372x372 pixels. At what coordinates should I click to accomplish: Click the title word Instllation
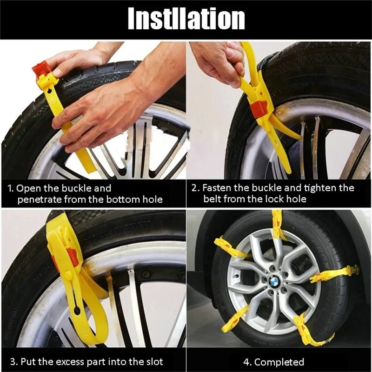(x=186, y=19)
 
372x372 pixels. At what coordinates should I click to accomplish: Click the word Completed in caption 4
(x=279, y=362)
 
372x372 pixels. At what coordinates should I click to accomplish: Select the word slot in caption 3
(x=153, y=362)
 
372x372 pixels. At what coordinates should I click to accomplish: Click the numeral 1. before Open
(x=11, y=188)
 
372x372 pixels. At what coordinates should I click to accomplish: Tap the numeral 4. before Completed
(x=247, y=362)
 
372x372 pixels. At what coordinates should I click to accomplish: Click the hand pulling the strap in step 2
(x=218, y=62)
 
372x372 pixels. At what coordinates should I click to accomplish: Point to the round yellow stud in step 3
(x=68, y=275)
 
